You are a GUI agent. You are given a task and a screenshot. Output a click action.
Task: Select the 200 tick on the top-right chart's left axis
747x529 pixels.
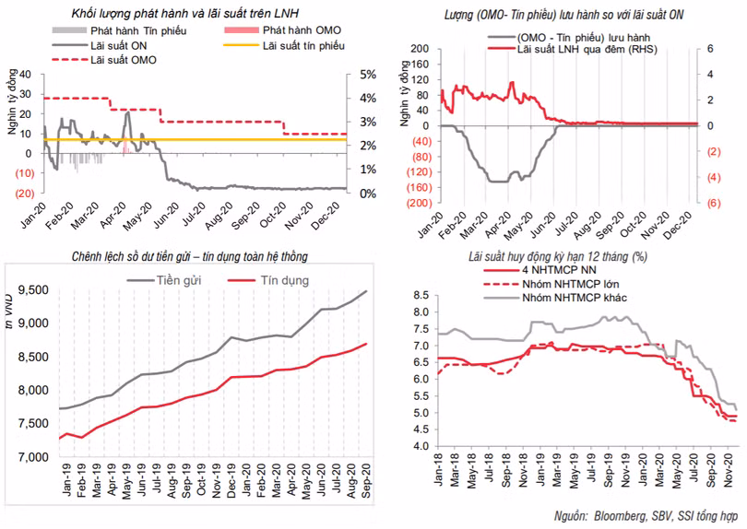421,48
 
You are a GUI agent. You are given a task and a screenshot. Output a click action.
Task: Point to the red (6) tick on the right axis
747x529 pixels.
713,203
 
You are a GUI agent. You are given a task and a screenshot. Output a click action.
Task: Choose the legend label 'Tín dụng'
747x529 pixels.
284,279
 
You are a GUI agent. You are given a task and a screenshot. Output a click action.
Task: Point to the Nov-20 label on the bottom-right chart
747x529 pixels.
727,476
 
